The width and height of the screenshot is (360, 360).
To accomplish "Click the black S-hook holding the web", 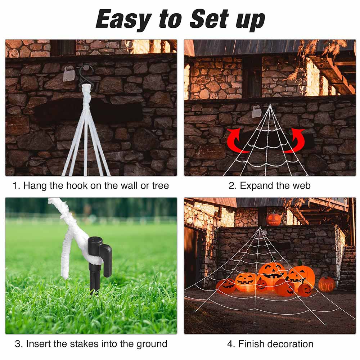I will click(86, 74).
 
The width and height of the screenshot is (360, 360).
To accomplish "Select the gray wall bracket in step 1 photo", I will click(69, 74).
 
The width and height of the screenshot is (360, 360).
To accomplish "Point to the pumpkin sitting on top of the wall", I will click(274, 219).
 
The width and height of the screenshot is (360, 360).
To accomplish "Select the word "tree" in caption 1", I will click(159, 186).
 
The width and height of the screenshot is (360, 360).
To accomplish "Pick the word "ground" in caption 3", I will click(152, 344).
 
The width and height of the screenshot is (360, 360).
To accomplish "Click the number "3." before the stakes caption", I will click(19, 344).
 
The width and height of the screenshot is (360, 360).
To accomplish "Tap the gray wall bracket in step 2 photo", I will click(257, 112).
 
